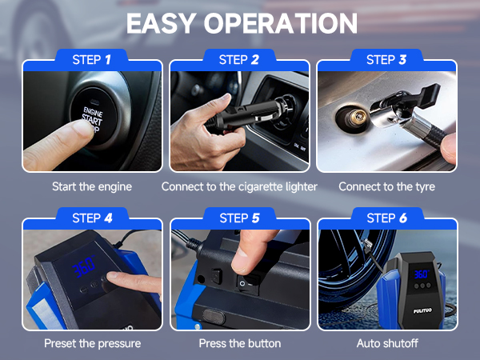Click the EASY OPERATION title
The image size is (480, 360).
tap(240, 23)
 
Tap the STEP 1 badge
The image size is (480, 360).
tap(92, 59)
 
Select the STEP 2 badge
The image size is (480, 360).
tap(239, 59)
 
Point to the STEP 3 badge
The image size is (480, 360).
tap(386, 59)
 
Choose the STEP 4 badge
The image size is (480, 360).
tap(92, 218)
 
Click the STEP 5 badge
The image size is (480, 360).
tap(239, 218)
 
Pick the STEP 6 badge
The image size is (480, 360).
tap(386, 218)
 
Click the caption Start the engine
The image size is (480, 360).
tap(92, 186)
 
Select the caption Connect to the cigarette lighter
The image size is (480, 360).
tap(239, 186)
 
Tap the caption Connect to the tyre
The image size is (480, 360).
tap(387, 186)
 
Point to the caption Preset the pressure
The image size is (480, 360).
tap(92, 343)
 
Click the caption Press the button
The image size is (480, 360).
tap(239, 343)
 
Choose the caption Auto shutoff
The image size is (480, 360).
tap(387, 343)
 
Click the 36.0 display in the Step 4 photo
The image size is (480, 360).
tap(82, 270)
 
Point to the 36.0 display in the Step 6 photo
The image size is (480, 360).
tap(422, 274)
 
